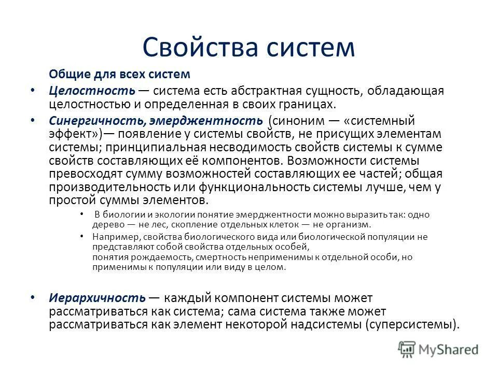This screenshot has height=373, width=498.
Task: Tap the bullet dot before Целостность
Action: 34,90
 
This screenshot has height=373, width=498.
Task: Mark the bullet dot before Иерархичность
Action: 34,298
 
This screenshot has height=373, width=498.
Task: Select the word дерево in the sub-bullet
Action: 108,224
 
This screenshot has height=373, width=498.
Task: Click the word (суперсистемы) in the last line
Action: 412,325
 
